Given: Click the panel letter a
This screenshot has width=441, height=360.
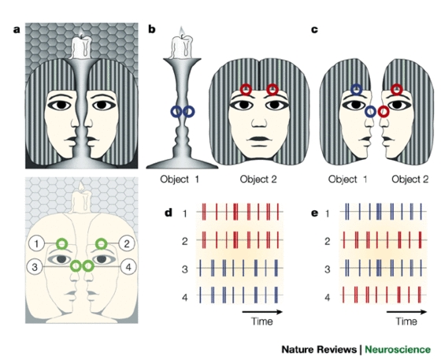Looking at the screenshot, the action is point(17,29).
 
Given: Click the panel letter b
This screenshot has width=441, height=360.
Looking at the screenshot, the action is point(151,29).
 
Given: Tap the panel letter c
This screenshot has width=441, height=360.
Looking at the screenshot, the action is point(315,29).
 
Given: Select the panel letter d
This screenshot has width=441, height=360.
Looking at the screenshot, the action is point(169,213).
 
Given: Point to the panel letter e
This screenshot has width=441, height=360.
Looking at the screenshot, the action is point(315,213).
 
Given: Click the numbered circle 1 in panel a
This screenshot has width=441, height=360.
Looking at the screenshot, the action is point(36,243).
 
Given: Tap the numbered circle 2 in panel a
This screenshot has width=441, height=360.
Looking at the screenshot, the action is point(127,243).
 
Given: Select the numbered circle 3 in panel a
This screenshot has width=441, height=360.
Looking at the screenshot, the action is point(35,266).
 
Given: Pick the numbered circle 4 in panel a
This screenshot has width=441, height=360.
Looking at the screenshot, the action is point(128,266).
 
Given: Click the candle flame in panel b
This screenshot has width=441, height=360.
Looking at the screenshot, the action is point(182,31).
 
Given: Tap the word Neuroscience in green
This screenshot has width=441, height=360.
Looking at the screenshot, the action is point(398,349).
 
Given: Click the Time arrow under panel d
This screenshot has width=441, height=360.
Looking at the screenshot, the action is point(262,312).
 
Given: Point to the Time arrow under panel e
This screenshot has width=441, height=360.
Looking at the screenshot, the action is point(406,312).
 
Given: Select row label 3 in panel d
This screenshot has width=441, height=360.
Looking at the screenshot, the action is point(184,269).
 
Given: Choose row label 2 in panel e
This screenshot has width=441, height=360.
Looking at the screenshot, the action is point(327,241).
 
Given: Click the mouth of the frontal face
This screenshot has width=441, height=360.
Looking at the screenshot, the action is point(259,139).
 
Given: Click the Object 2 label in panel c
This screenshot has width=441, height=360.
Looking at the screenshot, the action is point(409,179).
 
